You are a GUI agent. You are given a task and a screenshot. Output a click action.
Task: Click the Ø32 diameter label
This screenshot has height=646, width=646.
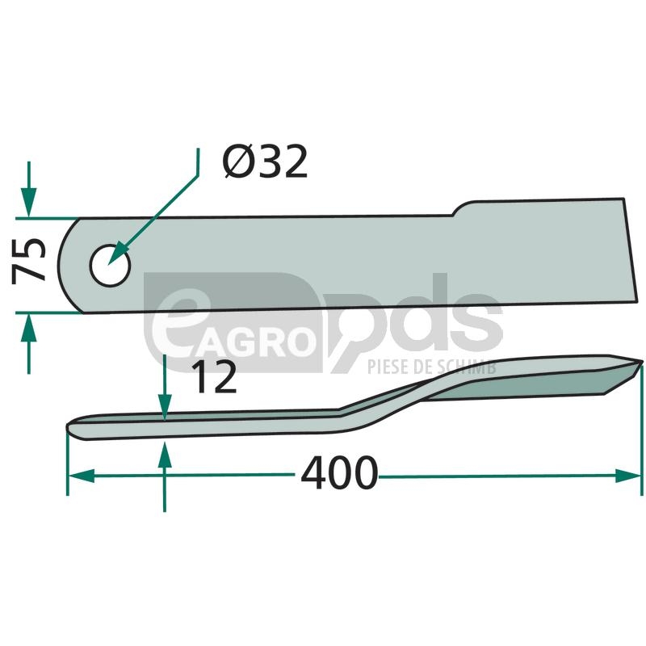[265, 161]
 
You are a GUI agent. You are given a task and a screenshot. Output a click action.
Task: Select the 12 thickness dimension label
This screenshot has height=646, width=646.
[214, 376]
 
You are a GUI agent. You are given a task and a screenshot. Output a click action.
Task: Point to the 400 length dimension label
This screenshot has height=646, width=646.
[338, 472]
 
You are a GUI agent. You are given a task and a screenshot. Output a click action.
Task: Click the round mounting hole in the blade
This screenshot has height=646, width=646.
[110, 266]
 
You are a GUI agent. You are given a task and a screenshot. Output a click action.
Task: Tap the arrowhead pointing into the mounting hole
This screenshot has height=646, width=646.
[117, 256]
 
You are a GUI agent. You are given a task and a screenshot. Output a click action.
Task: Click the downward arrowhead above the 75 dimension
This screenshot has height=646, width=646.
[29, 202]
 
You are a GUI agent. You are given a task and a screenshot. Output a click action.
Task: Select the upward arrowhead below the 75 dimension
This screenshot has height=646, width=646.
[28, 328]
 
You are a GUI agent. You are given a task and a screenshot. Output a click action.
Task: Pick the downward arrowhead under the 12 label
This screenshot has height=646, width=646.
[165, 407]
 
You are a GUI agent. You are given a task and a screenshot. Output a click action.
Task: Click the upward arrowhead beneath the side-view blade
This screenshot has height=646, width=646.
[165, 455]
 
